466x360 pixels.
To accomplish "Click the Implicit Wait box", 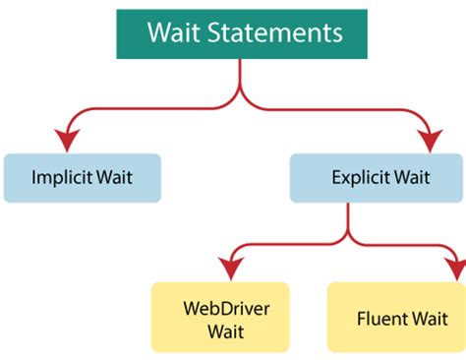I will [x=82, y=178].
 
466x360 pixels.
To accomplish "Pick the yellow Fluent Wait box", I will [x=396, y=318].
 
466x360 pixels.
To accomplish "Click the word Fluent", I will [x=379, y=319].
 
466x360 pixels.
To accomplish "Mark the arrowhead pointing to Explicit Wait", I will [x=430, y=141].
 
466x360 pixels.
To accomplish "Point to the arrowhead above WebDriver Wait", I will [x=231, y=268].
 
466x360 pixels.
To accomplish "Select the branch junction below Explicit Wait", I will [x=346, y=238].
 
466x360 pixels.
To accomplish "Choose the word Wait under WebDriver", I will [x=225, y=330].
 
